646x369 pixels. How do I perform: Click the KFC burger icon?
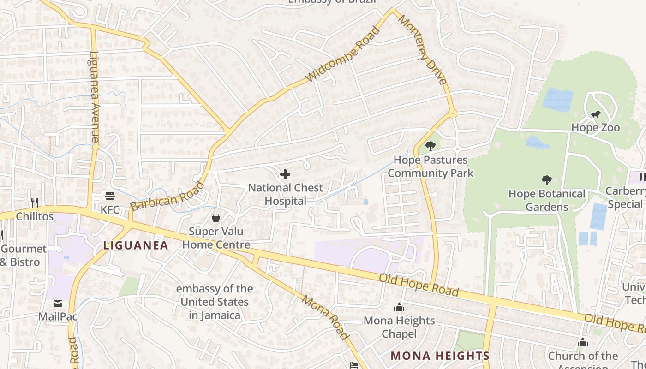coord(109,196)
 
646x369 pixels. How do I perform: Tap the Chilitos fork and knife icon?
coord(34,202)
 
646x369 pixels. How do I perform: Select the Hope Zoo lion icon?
coord(595,114)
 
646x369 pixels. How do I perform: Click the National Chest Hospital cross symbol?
coord(285,174)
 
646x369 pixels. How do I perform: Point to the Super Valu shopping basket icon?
coord(215,217)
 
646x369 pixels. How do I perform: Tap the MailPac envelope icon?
coord(58,303)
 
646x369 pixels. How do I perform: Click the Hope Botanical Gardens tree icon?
coord(547,180)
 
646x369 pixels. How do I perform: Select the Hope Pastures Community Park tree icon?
coord(430,146)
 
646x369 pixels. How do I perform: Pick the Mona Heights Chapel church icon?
coord(399,307)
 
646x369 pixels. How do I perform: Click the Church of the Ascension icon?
coord(583,342)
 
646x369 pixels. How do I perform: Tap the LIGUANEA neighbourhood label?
coord(136,245)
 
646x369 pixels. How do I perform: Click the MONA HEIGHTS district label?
coord(439,356)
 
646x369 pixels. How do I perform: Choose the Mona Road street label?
coord(325,317)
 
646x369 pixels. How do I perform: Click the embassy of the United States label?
coord(214,302)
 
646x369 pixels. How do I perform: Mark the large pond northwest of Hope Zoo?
coord(558,99)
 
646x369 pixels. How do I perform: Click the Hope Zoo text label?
coord(595,127)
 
